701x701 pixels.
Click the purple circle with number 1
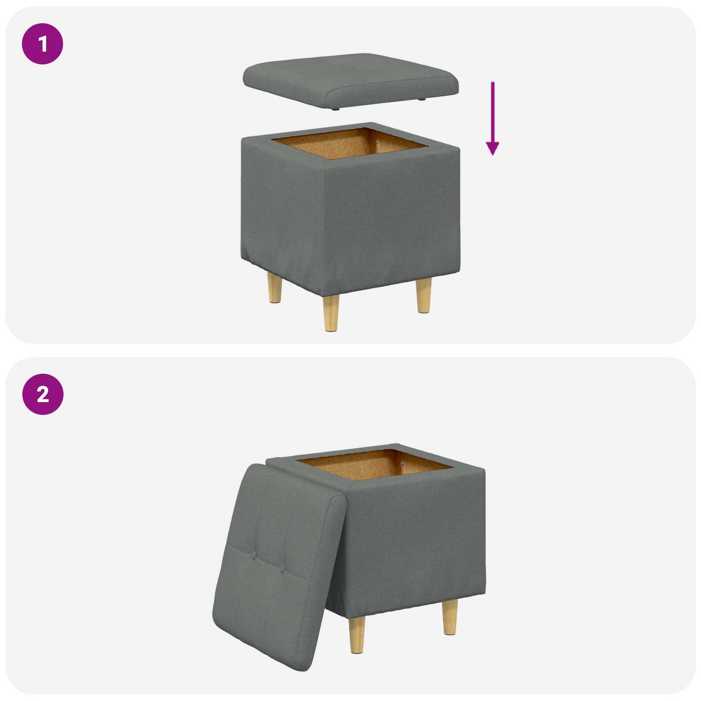pos(42,44)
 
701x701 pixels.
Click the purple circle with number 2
pos(42,394)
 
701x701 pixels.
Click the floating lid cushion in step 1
pos(350,79)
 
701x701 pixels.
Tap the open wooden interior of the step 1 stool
pos(346,147)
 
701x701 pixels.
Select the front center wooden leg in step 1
pos(331,312)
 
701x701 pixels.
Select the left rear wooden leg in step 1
pos(275,288)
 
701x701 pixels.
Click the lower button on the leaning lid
pos(282,569)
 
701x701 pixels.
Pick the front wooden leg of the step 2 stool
pos(357,635)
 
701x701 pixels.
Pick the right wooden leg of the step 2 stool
pos(450,617)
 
